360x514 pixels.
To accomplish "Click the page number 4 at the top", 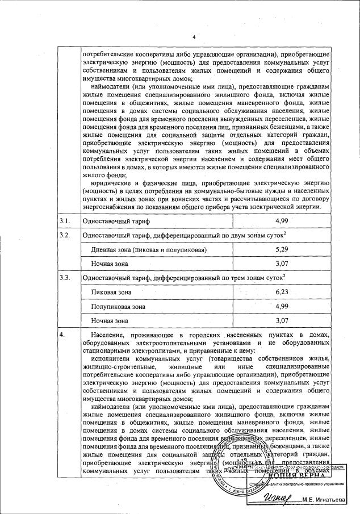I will [x=194, y=37].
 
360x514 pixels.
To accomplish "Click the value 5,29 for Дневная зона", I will [x=282, y=249].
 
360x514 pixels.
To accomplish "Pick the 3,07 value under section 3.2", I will [x=282, y=264].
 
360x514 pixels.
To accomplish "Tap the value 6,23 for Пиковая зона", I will [x=282, y=292].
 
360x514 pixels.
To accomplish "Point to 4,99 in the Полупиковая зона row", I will [x=282, y=306].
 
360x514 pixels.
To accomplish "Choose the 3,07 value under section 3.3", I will [x=282, y=320].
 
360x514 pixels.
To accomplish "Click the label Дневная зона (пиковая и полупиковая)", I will [x=149, y=250].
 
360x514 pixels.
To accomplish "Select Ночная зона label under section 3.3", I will [x=110, y=321].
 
